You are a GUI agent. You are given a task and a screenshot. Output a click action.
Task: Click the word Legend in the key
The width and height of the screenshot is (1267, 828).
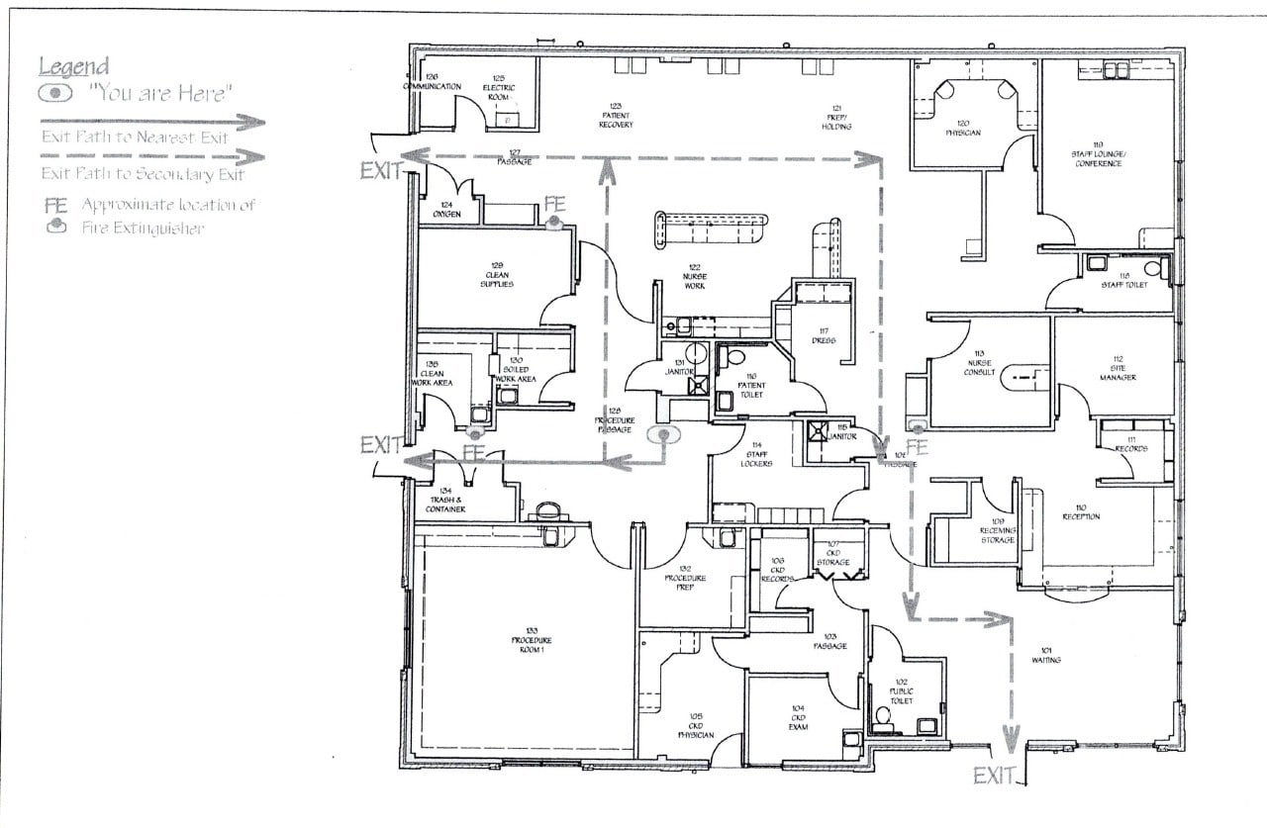[73, 66]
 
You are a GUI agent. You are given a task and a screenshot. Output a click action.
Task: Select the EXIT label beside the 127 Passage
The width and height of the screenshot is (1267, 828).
[381, 170]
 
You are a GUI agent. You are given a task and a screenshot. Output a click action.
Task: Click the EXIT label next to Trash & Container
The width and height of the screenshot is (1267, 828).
[381, 445]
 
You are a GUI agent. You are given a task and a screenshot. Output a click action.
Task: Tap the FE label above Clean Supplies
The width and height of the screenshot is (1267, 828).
[554, 205]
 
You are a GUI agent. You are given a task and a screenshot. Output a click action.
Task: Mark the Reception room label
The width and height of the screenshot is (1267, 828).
[1081, 511]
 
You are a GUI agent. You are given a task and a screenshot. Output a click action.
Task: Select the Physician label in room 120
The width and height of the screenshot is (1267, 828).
[962, 128]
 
